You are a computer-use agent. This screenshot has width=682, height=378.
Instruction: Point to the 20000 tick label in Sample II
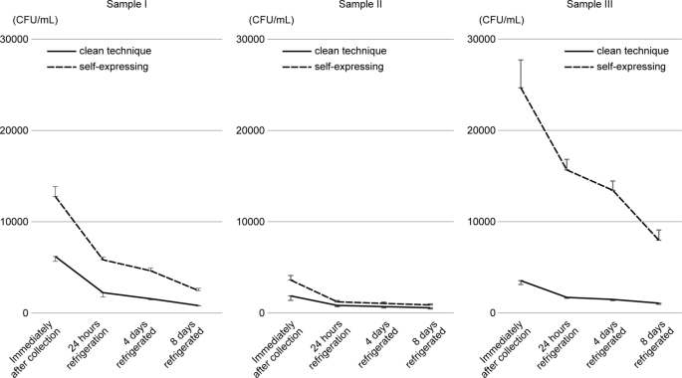(249, 130)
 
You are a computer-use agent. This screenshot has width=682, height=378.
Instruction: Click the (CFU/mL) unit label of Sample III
(501, 19)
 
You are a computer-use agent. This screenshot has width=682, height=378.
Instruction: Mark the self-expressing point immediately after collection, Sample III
(521, 88)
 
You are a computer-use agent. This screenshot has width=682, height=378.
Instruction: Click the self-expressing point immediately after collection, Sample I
(56, 196)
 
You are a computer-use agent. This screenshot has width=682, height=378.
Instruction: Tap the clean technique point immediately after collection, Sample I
(56, 257)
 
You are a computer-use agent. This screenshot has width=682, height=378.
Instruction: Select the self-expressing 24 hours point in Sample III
(567, 169)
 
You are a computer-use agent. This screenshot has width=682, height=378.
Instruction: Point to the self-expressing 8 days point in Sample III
(658, 240)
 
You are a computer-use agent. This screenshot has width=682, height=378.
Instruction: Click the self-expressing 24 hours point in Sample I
(102, 260)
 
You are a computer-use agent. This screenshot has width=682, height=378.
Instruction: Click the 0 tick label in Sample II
(262, 313)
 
